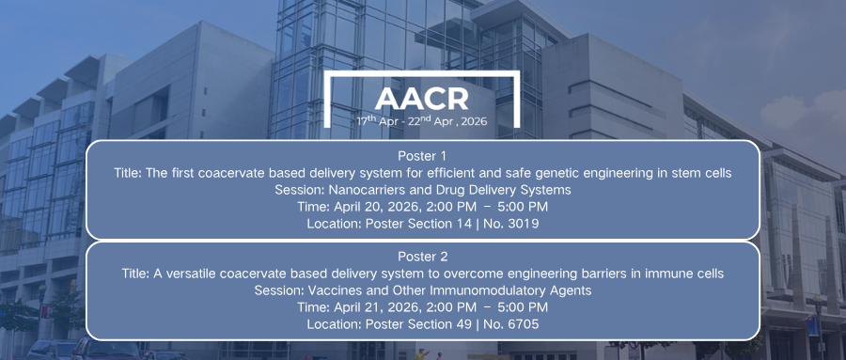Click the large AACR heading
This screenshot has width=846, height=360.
[422, 100]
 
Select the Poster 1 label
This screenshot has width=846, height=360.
[422, 156]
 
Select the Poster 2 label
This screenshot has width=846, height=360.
[422, 257]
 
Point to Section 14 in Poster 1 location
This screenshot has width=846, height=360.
[437, 224]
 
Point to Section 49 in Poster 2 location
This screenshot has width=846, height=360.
[437, 324]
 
